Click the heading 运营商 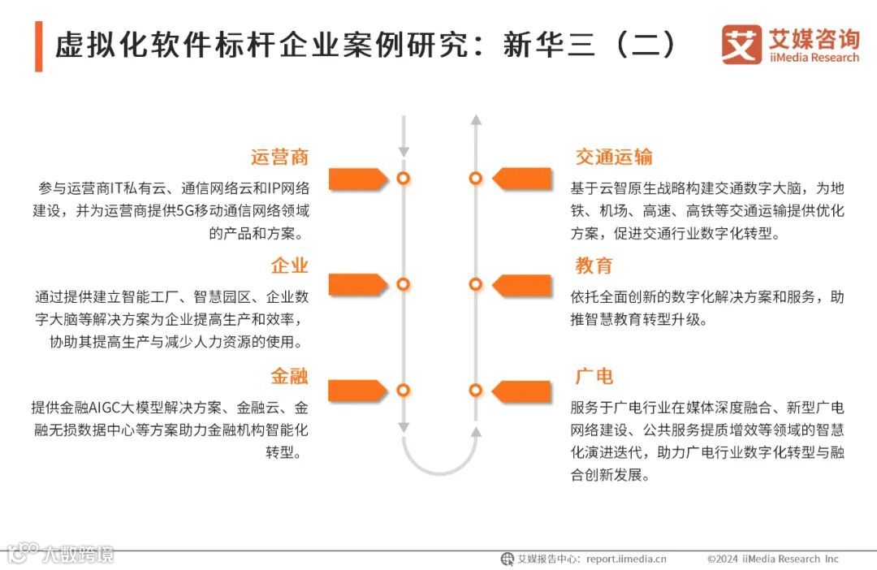279,157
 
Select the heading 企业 289,266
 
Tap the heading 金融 289,376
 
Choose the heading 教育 594,266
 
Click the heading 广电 594,376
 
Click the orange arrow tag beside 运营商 356,178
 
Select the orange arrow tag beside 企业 356,284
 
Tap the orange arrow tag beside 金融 356,391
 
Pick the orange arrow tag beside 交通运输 522,178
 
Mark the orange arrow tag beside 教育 522,284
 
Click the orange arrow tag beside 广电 522,391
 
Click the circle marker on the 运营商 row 403,178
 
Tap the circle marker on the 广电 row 476,391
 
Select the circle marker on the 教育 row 476,284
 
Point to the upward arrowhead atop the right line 477,119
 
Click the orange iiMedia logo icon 741,45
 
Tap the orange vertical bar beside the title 38,47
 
